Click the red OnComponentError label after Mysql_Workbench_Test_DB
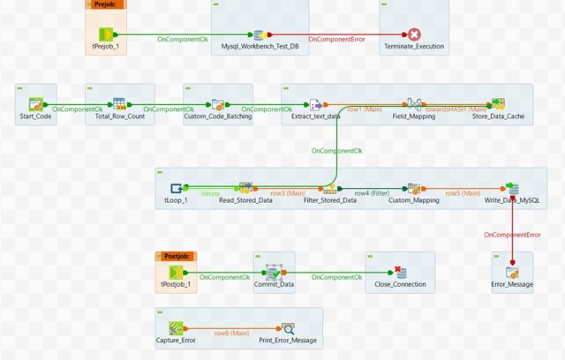[336, 40]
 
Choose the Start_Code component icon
[36, 105]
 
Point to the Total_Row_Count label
[119, 116]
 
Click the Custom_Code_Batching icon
[218, 105]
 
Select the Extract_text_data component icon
[315, 105]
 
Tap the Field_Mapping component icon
[413, 104]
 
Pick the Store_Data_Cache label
[497, 116]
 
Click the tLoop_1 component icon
[177, 188]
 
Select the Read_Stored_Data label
[245, 200]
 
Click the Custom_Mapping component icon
[412, 188]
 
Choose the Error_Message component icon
[512, 272]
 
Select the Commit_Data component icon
[274, 273]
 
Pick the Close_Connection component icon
[400, 272]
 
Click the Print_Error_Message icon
[288, 328]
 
